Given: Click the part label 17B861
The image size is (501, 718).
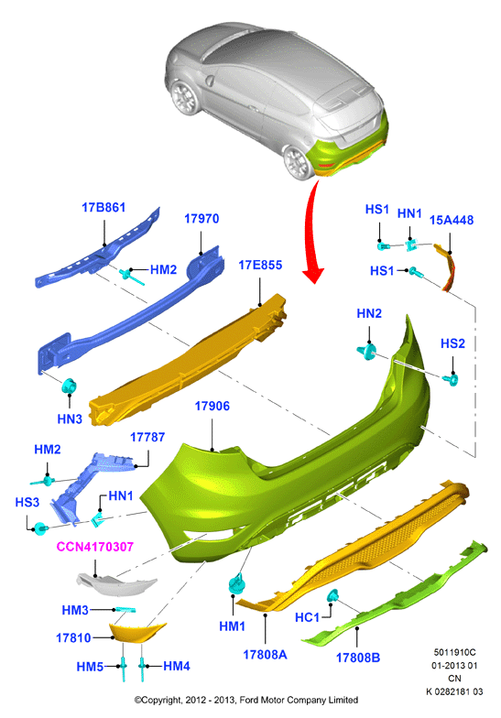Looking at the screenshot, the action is point(103,207).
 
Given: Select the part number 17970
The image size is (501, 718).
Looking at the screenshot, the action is point(201,219).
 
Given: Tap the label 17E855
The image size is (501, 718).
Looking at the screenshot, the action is point(260,266).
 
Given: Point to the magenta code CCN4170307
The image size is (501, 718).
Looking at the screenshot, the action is point(95,547).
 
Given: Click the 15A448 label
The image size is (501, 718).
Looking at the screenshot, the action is point(451,220).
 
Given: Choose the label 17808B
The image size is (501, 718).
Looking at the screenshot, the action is point(357,658).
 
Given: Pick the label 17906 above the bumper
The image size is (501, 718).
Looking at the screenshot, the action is point(212,407).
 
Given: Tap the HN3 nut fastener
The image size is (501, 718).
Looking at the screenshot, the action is point(70,386).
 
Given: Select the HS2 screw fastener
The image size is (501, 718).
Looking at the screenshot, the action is point(451,379).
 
